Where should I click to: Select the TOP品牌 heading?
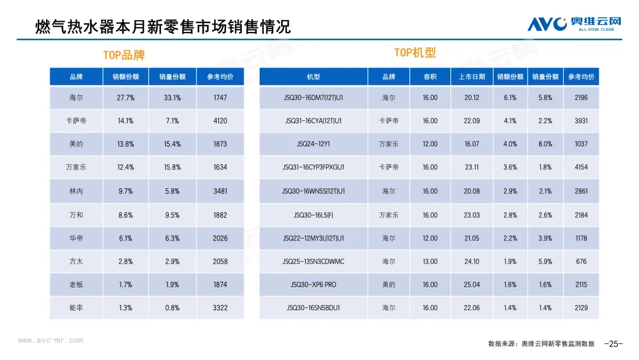[124, 55]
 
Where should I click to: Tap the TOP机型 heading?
[415, 53]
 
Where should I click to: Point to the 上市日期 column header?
[472, 77]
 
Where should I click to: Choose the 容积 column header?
[430, 77]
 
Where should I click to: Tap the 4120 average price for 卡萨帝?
[220, 121]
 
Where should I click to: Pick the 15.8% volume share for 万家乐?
[172, 168]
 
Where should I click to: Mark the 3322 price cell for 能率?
[220, 308]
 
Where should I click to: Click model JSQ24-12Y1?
[314, 144]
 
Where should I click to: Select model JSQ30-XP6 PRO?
[314, 285]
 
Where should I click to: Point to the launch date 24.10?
[472, 262]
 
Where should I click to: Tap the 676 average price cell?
[581, 262]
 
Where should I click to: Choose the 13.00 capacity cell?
[430, 262]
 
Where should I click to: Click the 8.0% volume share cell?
[545, 144]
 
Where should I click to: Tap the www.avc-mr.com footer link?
[50, 340]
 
